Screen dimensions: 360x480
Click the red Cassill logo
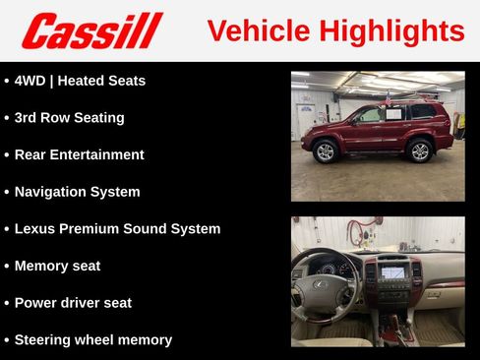click(91, 30)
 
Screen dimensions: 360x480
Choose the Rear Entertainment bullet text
click(79, 154)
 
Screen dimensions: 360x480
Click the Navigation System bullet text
click(77, 192)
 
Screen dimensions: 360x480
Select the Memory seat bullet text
click(57, 266)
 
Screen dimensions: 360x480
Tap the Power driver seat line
click(73, 303)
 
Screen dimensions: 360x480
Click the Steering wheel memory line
click(92, 339)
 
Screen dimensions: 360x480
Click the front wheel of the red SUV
click(326, 150)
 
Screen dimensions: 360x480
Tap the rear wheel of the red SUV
click(420, 150)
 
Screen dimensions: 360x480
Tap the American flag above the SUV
click(388, 98)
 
